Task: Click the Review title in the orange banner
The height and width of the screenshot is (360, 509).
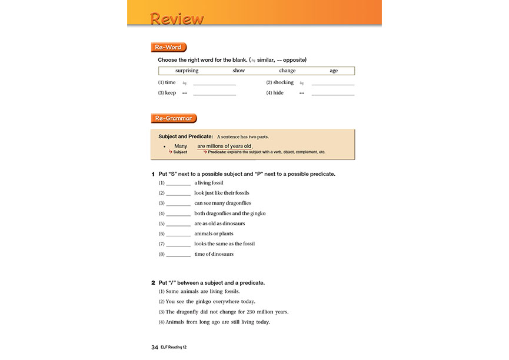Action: pyautogui.click(x=177, y=18)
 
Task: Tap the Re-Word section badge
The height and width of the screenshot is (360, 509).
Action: pyautogui.click(x=168, y=48)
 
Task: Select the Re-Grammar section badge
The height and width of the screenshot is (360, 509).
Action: pyautogui.click(x=174, y=119)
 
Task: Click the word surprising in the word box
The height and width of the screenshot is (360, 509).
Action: pyautogui.click(x=187, y=71)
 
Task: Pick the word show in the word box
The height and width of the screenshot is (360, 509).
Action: pyautogui.click(x=238, y=71)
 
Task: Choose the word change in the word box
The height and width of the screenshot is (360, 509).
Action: pyautogui.click(x=287, y=71)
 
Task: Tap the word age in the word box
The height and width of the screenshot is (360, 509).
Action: pyautogui.click(x=334, y=71)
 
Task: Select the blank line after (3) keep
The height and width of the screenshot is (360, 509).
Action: pyautogui.click(x=214, y=94)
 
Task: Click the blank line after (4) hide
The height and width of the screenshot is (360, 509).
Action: pyautogui.click(x=333, y=94)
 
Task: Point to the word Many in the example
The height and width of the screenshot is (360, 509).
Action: pyautogui.click(x=181, y=146)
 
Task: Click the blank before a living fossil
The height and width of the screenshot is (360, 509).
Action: pyautogui.click(x=178, y=184)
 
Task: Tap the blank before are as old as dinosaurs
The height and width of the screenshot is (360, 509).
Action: pyautogui.click(x=178, y=225)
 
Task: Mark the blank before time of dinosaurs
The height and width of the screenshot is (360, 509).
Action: pyautogui.click(x=178, y=255)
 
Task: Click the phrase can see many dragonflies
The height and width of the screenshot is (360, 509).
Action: pyautogui.click(x=222, y=204)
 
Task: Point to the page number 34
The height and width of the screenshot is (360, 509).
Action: pyautogui.click(x=155, y=348)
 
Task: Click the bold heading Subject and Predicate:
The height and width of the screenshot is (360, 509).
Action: pyautogui.click(x=185, y=136)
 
